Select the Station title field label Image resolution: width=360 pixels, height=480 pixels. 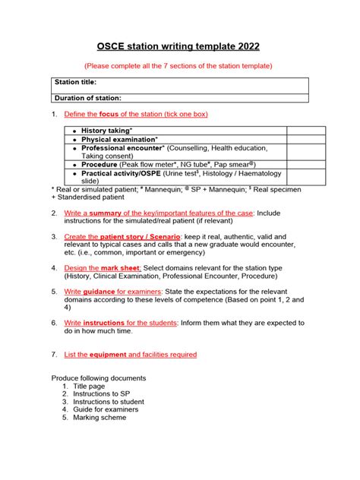tap(75, 82)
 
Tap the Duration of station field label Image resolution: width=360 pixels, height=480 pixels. tap(88, 97)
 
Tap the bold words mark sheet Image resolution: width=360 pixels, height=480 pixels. tap(122, 268)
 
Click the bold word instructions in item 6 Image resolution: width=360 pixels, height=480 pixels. tap(104, 323)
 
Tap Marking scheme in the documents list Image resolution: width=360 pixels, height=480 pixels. tap(99, 417)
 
